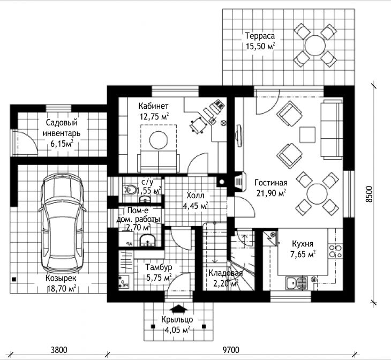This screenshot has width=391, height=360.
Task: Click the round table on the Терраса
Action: pyautogui.click(x=315, y=46)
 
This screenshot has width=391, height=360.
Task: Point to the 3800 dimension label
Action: pyautogui.click(x=59, y=350)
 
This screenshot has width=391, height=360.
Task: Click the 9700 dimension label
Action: pyautogui.click(x=231, y=350)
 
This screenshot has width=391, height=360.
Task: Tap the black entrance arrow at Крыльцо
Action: pyautogui.click(x=178, y=309)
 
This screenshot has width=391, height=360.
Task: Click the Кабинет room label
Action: pyautogui.click(x=153, y=106)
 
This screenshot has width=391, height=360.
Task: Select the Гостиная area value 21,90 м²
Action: pyautogui.click(x=271, y=193)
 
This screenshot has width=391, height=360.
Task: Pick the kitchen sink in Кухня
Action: pyautogui.click(x=296, y=283)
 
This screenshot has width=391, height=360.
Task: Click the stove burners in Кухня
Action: pyautogui.click(x=335, y=251)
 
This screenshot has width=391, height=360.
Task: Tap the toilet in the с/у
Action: pyautogui.click(x=130, y=189)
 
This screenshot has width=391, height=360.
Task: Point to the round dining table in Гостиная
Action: pyautogui.click(x=317, y=194)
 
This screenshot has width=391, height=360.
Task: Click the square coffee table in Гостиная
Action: pyautogui.click(x=307, y=134)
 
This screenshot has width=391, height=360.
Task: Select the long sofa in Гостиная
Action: pyautogui.click(x=332, y=129)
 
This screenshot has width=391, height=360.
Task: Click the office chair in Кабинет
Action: pyautogui.click(x=198, y=125)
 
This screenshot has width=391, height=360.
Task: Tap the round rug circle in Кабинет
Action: pyautogui.click(x=159, y=140)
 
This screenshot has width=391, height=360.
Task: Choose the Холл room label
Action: pyautogui.click(x=195, y=196)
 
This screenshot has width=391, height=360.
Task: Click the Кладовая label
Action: pyautogui.click(x=225, y=273)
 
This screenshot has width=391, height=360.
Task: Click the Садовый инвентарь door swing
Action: pyautogui.click(x=27, y=141)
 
